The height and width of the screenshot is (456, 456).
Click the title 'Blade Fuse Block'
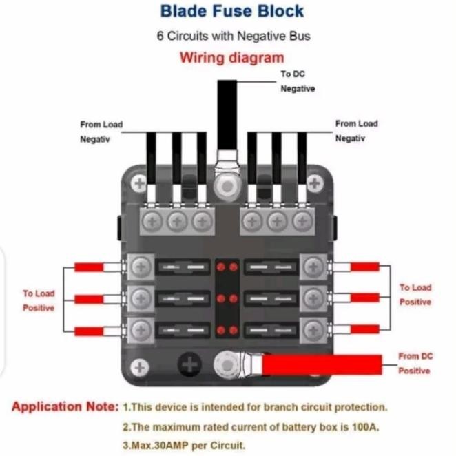[x=231, y=12]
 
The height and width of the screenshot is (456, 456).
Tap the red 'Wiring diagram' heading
[x=231, y=58]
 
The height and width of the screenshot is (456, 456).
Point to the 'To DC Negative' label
[x=298, y=81]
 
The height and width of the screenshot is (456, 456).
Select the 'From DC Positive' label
[x=415, y=363]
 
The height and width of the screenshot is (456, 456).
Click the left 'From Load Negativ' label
[x=101, y=131]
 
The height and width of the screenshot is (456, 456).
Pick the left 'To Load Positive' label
[x=39, y=300]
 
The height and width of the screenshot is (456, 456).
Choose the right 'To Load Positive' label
[x=415, y=295]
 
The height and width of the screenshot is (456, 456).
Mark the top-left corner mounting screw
[x=140, y=184]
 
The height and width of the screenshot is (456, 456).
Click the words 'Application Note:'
[x=65, y=406]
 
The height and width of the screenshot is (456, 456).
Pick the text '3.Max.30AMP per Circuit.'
[x=183, y=445]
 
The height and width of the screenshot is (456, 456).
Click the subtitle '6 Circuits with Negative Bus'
[x=231, y=36]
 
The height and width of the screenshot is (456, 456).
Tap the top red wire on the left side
[x=89, y=267]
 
